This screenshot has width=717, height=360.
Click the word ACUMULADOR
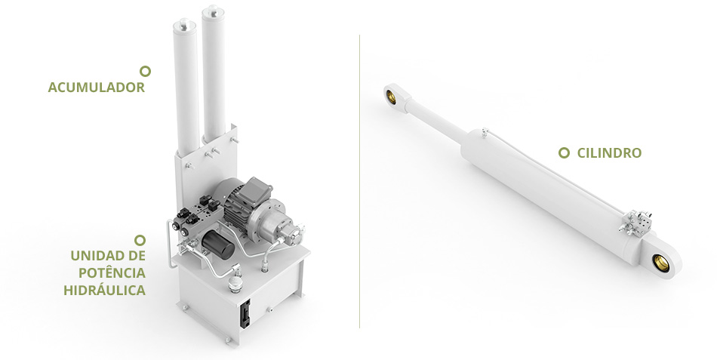pos(96,88)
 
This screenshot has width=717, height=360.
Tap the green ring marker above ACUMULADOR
pos(145,71)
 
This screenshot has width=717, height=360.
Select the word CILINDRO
pos(609,152)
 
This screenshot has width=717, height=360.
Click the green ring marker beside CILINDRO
pos(564,152)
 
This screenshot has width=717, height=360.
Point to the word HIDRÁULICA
pos(104,291)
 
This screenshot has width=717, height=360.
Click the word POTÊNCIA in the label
pos(112,273)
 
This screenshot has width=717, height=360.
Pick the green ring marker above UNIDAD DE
pos(140,240)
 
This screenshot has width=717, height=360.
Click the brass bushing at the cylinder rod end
pos(392,96)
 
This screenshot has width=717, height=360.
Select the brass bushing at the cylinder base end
pos(660,263)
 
